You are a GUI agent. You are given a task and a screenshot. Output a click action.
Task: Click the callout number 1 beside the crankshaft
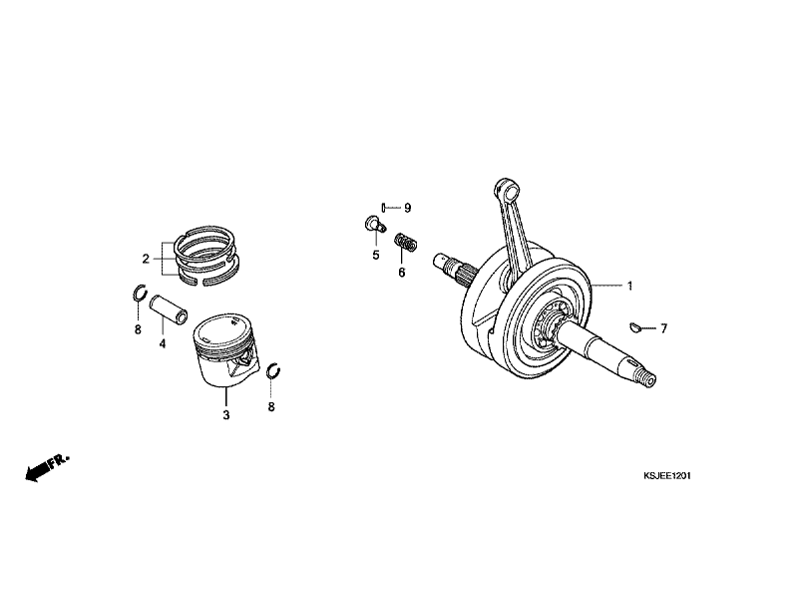click(x=629, y=286)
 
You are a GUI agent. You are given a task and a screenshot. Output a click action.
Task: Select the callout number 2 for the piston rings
click(x=146, y=260)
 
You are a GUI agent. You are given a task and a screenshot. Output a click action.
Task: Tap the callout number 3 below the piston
click(x=226, y=415)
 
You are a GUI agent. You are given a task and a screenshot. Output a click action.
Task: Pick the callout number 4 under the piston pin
click(x=163, y=343)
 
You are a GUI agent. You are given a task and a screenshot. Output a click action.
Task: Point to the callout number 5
click(x=376, y=256)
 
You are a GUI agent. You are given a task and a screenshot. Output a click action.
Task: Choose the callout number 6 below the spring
click(x=402, y=273)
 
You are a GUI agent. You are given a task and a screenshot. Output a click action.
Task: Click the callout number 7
click(x=663, y=328)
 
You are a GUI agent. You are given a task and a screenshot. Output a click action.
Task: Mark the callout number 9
click(x=407, y=208)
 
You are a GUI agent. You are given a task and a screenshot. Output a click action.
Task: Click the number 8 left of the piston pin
click(x=138, y=329)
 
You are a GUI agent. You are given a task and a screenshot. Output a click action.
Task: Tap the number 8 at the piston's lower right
click(x=271, y=407)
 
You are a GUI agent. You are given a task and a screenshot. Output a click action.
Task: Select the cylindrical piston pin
click(x=169, y=308)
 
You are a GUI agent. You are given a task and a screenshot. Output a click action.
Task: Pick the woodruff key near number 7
click(x=634, y=327)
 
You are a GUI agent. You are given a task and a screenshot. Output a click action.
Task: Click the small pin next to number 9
click(x=383, y=207)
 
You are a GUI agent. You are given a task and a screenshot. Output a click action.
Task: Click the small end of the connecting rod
click(x=507, y=189)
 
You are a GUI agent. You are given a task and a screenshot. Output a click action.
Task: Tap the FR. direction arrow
click(x=47, y=467)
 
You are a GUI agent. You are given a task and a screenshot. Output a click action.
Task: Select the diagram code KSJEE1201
click(x=666, y=476)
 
